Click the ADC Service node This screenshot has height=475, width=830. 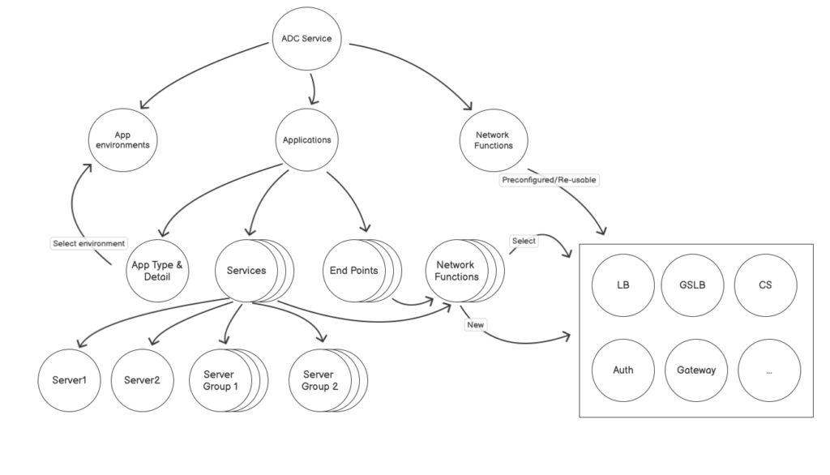pyautogui.click(x=306, y=38)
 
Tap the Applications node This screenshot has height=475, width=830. pyautogui.click(x=306, y=139)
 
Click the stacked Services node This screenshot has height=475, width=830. pyautogui.click(x=246, y=270)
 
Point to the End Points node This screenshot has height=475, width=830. pyautogui.click(x=353, y=270)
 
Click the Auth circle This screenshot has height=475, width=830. pyautogui.click(x=623, y=370)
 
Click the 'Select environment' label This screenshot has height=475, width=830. pyautogui.click(x=88, y=242)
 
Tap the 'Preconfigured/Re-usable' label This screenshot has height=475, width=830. pyautogui.click(x=550, y=180)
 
